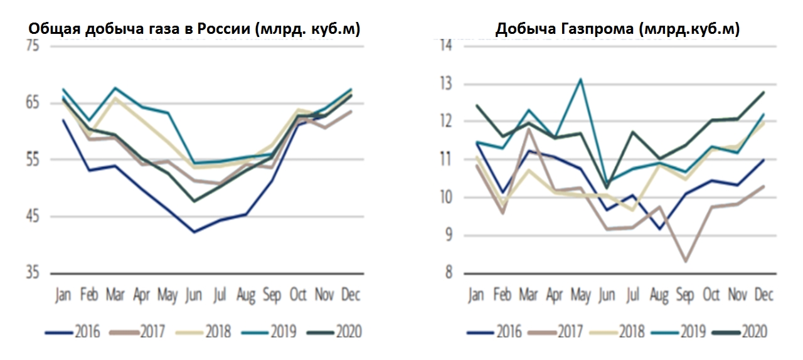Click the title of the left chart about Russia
(x=195, y=29)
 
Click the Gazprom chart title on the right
(x=617, y=29)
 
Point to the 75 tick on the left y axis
(x=33, y=46)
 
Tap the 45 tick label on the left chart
(x=33, y=217)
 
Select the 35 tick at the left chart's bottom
(x=33, y=274)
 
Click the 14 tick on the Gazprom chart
(x=446, y=46)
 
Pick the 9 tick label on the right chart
(x=447, y=236)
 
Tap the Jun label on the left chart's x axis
(x=194, y=294)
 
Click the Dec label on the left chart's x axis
(x=350, y=294)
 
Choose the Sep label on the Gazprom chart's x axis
(x=685, y=294)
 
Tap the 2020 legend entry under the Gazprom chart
(x=753, y=331)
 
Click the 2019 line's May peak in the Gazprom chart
(x=581, y=79)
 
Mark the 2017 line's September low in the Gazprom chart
(x=686, y=262)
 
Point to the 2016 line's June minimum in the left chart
(x=194, y=232)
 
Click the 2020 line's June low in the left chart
(x=194, y=201)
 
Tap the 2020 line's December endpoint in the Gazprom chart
(x=763, y=92)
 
